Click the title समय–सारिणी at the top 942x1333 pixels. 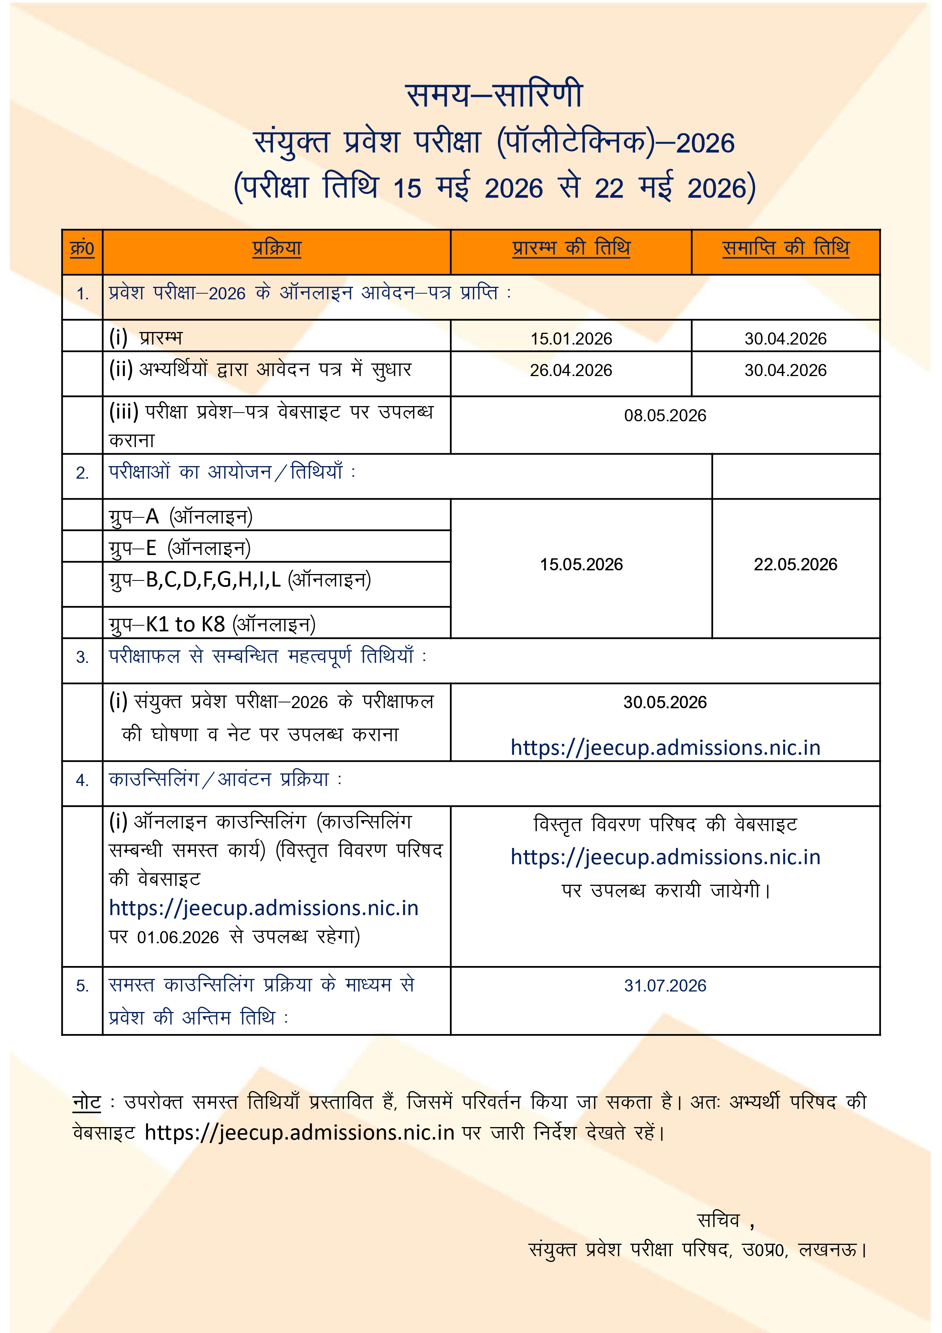click(x=494, y=95)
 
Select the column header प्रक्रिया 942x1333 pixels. click(x=277, y=248)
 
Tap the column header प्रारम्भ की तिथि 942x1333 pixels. click(x=571, y=248)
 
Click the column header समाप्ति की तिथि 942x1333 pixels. click(x=785, y=248)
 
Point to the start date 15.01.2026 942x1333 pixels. click(x=571, y=338)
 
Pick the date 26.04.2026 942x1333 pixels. click(x=571, y=370)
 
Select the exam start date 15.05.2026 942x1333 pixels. click(x=581, y=565)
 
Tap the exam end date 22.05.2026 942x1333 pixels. click(x=795, y=565)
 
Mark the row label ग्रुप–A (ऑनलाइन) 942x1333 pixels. click(x=180, y=516)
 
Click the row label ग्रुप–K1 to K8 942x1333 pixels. click(x=212, y=625)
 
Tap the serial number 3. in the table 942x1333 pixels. click(x=82, y=657)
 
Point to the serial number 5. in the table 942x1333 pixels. click(x=82, y=986)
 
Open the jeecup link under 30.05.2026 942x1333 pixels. click(x=665, y=748)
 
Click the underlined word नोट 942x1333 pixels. click(x=87, y=1101)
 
